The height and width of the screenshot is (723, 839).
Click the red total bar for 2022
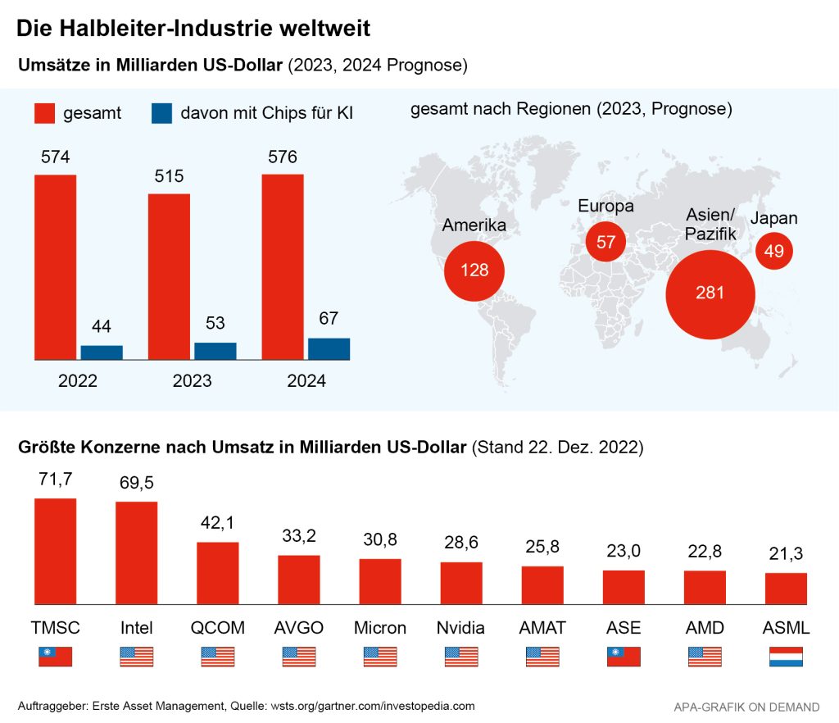pos(55,267)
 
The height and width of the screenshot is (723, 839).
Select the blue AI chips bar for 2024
pos(329,348)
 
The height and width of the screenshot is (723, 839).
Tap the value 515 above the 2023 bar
pos(169,175)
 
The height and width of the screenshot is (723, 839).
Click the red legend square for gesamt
pos(44,113)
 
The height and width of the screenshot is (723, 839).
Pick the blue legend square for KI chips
pos(161,113)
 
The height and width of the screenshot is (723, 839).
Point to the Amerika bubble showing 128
pos(474,270)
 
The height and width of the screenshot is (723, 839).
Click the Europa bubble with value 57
pos(606,243)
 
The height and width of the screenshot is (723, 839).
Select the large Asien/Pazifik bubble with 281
pos(710,293)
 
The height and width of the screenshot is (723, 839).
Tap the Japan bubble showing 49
pos(774,251)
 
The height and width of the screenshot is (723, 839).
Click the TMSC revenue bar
pos(55,551)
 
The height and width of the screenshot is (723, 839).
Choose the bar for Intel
pos(136,552)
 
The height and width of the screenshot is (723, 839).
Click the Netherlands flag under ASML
pos(786,657)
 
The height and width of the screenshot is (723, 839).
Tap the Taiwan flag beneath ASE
pos(624,657)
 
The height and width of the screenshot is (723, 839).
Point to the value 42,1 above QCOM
pos(217,523)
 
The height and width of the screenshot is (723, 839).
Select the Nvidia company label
pos(461,628)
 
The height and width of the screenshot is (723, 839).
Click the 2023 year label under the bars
pos(192,380)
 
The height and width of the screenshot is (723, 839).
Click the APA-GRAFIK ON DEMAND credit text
pos(746,706)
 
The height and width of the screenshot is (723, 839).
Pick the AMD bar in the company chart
pos(705,587)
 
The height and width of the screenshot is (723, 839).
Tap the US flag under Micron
pos(380,657)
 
